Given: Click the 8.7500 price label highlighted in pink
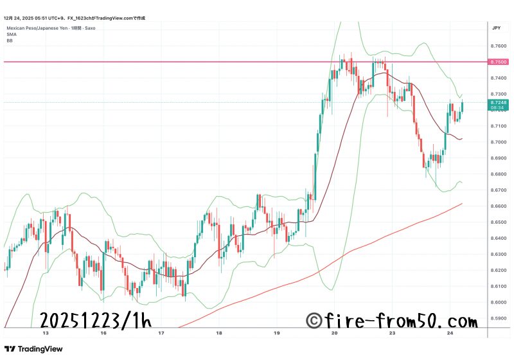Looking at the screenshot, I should click(498, 62).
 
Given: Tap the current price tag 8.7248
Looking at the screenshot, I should click(498, 102).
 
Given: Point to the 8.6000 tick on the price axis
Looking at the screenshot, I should click(497, 302).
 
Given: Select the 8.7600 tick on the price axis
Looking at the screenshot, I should click(497, 46).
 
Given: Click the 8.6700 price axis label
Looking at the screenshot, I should click(497, 190).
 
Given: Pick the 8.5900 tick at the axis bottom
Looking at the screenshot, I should click(497, 318).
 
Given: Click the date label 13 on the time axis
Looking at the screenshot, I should click(45, 334).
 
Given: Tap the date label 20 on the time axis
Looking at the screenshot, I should click(335, 334).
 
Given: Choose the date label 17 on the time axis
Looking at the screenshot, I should click(161, 334).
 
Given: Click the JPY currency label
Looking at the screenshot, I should click(496, 28).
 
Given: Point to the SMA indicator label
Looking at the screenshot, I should click(10, 35).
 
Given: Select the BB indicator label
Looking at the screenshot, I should click(10, 40).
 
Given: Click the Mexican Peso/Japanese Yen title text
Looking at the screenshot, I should click(38, 29).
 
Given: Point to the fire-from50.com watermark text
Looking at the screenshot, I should click(392, 319).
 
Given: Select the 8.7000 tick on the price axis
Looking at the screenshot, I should click(497, 142).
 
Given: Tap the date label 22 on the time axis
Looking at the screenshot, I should click(392, 334).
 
